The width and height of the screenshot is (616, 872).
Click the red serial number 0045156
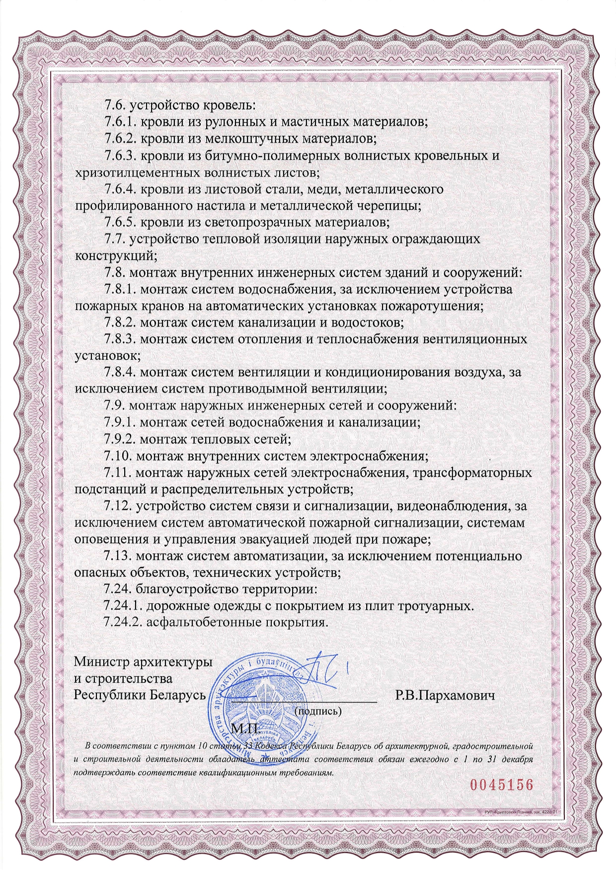point(501,785)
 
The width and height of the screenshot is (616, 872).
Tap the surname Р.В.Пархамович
point(445,695)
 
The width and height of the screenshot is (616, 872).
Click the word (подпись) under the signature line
point(318,711)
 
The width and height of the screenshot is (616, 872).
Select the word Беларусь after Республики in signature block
point(177,695)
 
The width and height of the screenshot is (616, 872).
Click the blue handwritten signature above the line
point(323,671)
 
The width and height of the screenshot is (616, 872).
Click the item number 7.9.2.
point(121,439)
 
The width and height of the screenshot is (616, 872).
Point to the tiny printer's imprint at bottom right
point(519,811)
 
